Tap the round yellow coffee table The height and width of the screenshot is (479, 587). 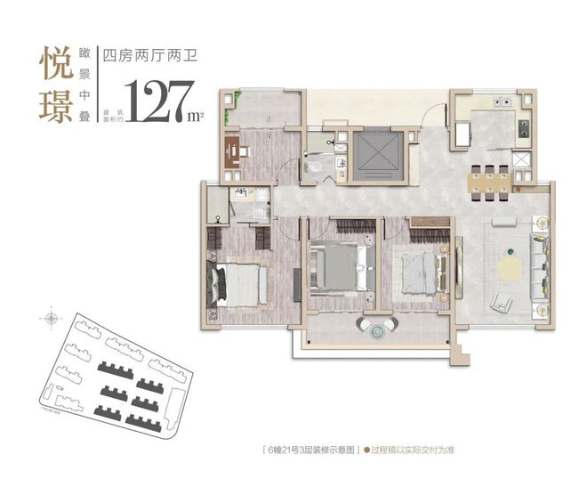(x=510, y=265)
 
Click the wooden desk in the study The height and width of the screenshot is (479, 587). (x=235, y=153)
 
